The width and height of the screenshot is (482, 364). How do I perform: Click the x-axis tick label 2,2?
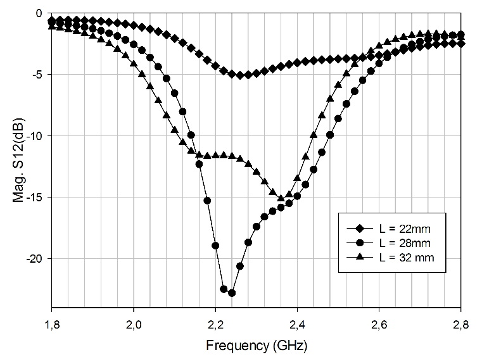coord(215,325)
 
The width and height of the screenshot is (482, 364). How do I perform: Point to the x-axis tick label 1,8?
coord(51,325)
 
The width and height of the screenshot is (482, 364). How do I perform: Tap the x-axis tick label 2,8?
coord(460,325)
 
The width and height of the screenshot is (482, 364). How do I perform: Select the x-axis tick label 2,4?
coord(297,325)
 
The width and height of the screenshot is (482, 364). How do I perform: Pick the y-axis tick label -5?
coord(37,75)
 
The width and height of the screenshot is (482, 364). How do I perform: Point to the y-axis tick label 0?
coord(39,13)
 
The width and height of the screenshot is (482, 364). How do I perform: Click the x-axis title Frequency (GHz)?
coord(256,346)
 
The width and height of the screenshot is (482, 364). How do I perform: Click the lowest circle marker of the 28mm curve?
coord(232,293)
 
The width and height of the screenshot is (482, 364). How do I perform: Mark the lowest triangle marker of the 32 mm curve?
coord(281,198)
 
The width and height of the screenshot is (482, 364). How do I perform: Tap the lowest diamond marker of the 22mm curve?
coord(240,75)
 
